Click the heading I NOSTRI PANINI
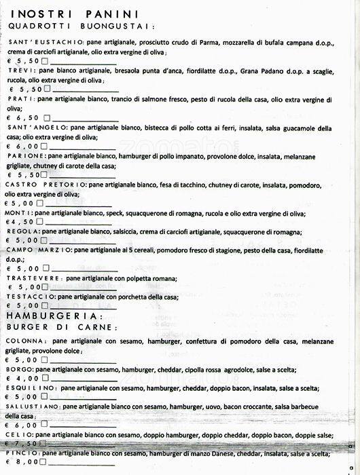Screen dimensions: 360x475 point(75,14)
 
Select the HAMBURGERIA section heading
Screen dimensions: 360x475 point(54,316)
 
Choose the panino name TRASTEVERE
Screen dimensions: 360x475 point(34,278)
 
